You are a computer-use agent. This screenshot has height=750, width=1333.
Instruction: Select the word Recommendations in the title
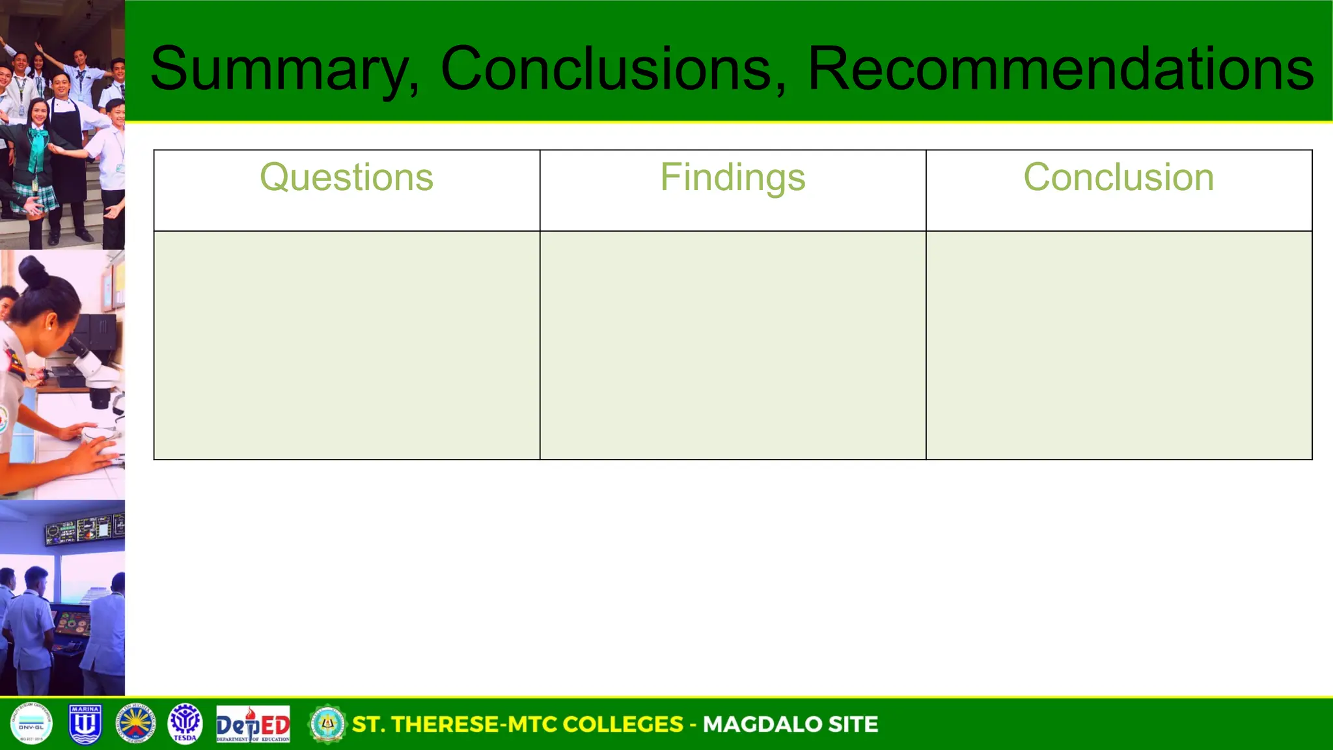[1060, 68]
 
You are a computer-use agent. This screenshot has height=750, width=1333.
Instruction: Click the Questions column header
[346, 177]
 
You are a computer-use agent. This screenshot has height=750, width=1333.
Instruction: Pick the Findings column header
[732, 177]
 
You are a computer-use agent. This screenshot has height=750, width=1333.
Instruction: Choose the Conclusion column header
[1118, 177]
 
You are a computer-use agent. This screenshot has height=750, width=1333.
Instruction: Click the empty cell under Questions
[346, 345]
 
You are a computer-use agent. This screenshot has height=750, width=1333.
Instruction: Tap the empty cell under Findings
[732, 345]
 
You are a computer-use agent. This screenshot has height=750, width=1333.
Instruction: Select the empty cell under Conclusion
[1118, 345]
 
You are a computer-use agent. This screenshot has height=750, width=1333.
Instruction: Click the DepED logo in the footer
[253, 724]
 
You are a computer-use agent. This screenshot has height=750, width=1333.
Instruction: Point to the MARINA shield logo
[85, 723]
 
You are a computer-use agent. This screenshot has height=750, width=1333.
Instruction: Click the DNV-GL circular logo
[31, 723]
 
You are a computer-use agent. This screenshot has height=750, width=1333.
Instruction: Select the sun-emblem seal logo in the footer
[135, 723]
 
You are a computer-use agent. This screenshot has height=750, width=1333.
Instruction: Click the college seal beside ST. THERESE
[327, 724]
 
